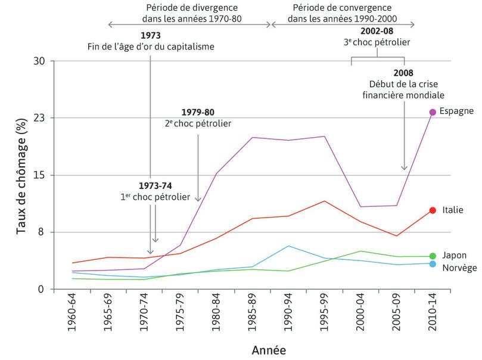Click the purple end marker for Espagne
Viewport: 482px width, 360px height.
pos(433,112)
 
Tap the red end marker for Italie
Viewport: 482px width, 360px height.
pos(433,210)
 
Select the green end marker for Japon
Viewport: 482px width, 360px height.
pos(433,256)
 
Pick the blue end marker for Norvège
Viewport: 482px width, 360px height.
pos(433,264)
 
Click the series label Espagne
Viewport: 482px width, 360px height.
pos(456,111)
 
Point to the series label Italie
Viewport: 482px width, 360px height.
pos(453,210)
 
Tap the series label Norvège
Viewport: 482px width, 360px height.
pos(459,268)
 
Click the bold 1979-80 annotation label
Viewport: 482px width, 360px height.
pos(198,112)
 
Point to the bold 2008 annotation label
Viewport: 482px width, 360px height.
pos(403,73)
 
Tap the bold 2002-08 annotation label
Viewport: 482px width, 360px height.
pos(377,31)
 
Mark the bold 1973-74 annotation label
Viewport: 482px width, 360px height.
pos(154,185)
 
